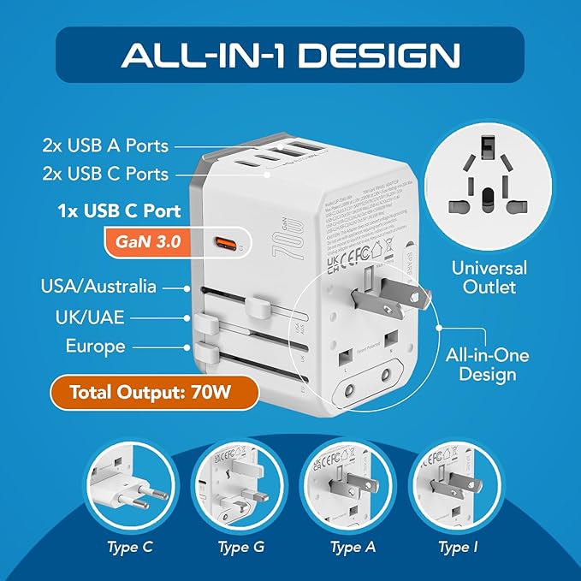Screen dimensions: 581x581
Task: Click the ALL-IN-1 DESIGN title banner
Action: [x=290, y=55]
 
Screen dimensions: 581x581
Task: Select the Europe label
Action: [x=95, y=347]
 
